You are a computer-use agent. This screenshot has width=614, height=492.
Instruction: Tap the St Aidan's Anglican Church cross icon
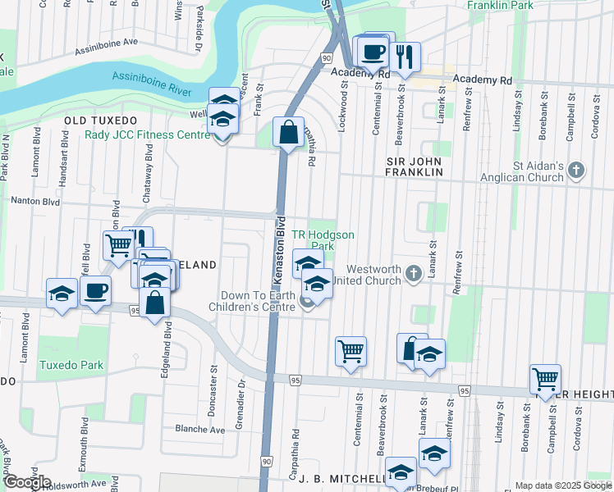pos(577,171)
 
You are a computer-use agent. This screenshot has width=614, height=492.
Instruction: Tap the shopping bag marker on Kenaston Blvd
pos(289,132)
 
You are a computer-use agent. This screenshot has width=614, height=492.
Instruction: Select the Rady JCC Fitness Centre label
pos(149,134)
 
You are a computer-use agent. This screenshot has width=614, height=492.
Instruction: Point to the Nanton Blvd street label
pos(34,199)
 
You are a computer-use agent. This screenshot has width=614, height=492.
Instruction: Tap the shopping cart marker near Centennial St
pos(351,351)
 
